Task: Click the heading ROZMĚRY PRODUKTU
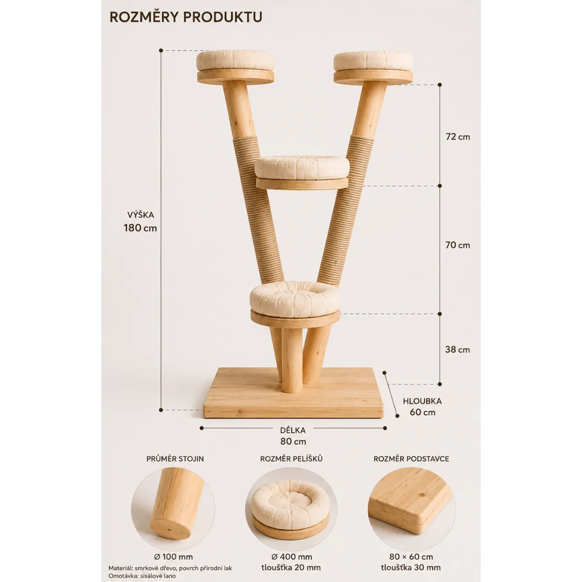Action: (x=186, y=17)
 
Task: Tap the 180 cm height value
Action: (x=140, y=228)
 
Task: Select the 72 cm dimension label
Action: (x=458, y=137)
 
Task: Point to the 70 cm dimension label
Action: (x=458, y=245)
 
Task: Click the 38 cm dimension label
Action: (x=457, y=349)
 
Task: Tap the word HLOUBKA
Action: (x=422, y=401)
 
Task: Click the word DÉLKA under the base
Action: (x=292, y=430)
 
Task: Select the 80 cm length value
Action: (x=293, y=441)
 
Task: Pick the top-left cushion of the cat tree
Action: (x=235, y=61)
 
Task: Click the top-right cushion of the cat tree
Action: (x=373, y=62)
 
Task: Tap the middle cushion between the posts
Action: (x=302, y=167)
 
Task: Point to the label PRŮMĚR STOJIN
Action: (x=175, y=458)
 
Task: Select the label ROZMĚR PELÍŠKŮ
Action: (x=291, y=458)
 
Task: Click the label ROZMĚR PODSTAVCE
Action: (x=411, y=458)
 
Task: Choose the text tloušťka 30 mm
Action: (x=411, y=567)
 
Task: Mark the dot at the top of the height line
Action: (x=161, y=50)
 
